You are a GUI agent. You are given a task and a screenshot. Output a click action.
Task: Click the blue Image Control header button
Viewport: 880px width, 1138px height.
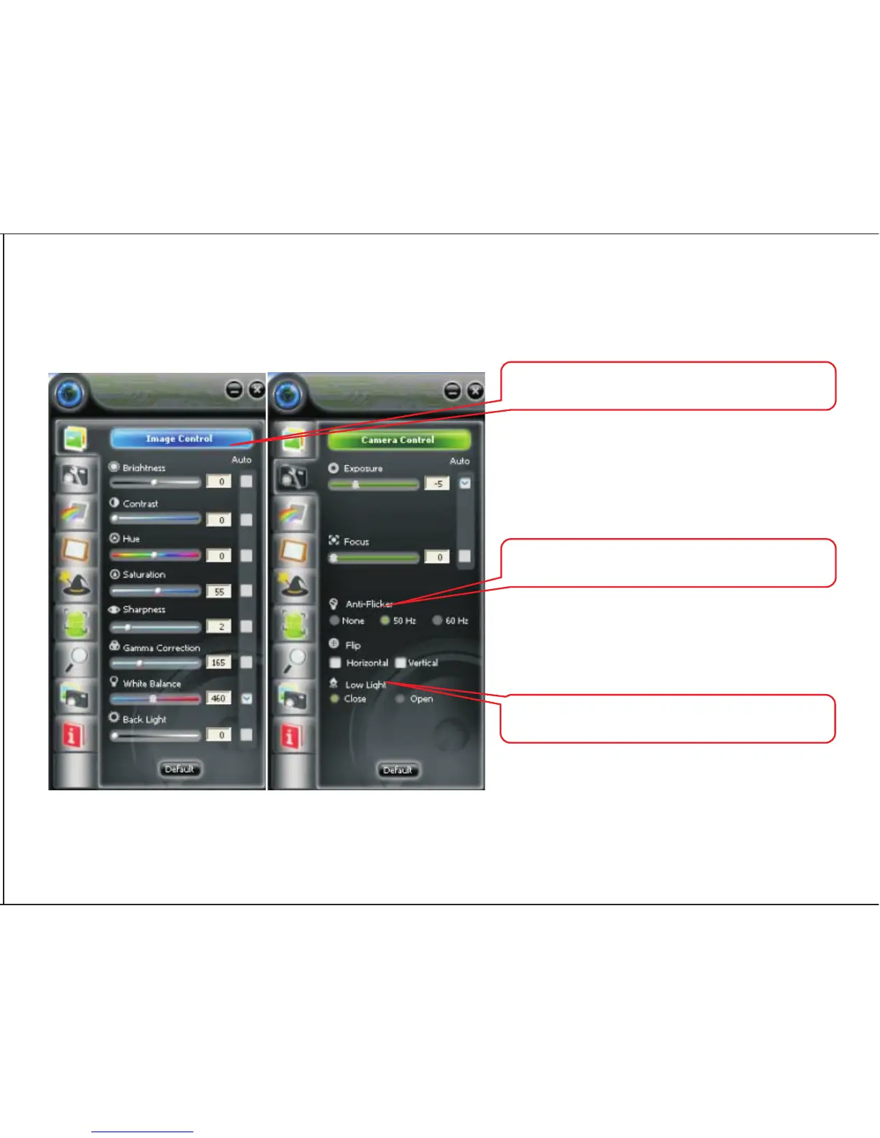click(180, 438)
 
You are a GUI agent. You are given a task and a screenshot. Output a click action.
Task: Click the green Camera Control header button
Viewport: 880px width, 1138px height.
click(398, 440)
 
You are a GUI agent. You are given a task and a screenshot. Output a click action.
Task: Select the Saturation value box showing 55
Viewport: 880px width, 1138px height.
click(219, 591)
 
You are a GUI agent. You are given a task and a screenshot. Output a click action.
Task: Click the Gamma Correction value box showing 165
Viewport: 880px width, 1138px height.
click(219, 662)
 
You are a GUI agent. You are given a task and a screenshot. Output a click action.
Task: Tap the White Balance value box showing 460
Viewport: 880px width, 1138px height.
click(219, 698)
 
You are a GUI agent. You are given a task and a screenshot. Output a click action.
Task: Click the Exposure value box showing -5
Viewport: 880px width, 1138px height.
click(437, 484)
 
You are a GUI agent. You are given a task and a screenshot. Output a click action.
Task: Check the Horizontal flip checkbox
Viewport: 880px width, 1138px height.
click(335, 662)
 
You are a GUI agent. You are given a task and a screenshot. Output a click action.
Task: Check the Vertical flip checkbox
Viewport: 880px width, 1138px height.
click(400, 662)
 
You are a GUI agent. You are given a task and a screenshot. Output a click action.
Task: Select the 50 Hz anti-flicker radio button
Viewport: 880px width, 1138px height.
click(385, 621)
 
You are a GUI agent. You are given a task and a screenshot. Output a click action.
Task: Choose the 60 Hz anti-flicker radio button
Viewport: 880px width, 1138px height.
click(437, 621)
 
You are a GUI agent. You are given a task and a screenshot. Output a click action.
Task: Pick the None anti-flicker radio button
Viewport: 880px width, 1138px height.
click(334, 621)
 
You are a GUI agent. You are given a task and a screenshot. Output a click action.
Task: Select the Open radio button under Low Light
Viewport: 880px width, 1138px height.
click(400, 699)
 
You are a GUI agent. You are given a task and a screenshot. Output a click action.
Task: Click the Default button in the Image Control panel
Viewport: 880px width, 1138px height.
click(179, 769)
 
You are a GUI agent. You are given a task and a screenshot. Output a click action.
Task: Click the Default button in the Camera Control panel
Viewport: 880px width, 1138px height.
click(398, 770)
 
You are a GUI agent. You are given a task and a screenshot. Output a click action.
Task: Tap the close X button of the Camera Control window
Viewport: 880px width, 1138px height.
click(475, 391)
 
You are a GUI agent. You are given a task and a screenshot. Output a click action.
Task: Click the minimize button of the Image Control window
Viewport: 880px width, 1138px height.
click(234, 390)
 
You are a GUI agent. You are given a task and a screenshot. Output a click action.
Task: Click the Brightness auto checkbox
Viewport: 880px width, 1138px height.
click(247, 481)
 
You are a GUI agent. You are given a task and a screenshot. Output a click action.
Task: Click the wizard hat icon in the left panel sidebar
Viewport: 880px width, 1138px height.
click(76, 586)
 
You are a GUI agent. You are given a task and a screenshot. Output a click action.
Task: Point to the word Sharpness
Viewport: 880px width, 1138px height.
click(144, 609)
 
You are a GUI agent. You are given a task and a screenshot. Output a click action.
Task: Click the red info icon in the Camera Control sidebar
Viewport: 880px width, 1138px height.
click(290, 736)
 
